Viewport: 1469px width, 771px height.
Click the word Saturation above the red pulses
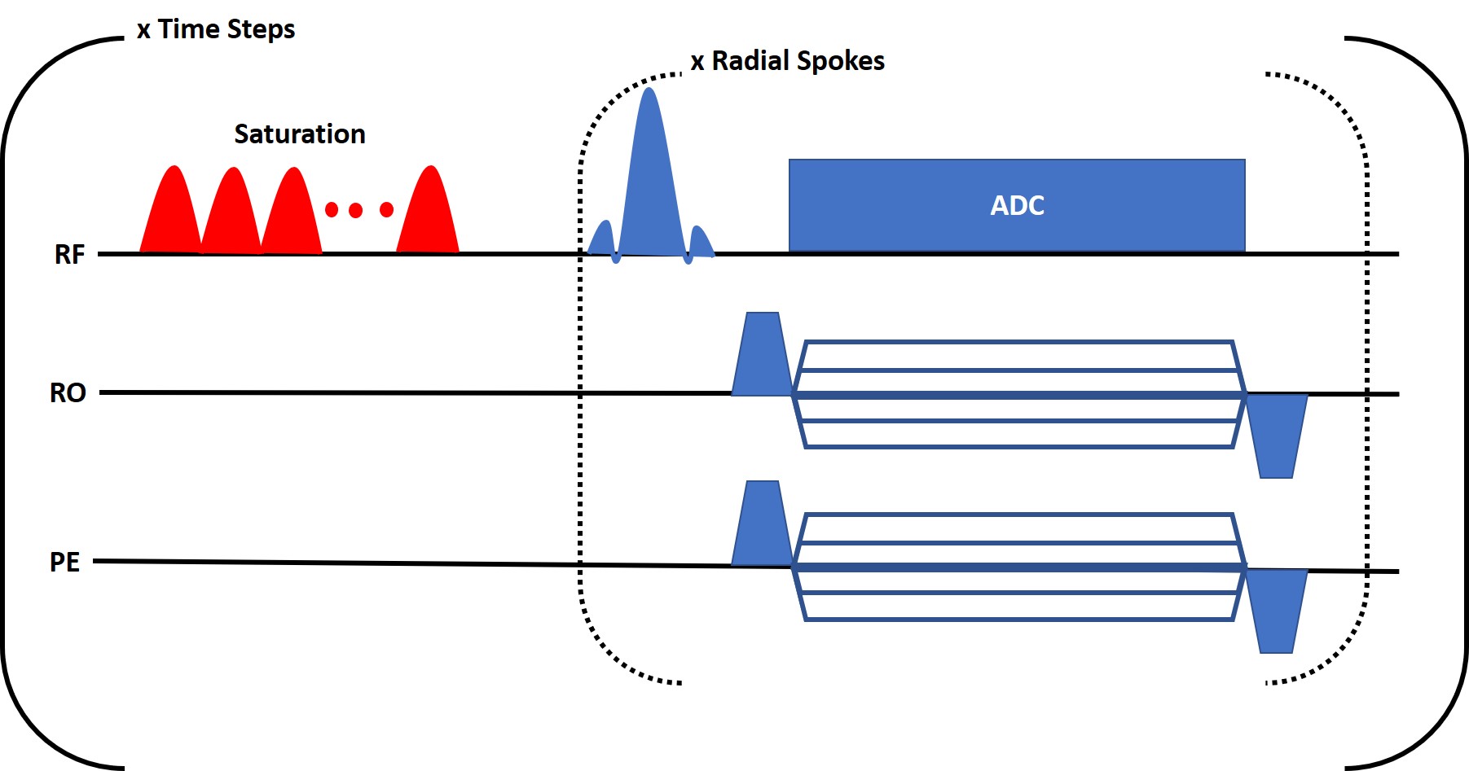click(299, 134)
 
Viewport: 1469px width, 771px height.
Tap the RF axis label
click(69, 255)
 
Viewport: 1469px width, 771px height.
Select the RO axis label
click(68, 393)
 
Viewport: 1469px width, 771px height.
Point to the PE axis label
click(65, 563)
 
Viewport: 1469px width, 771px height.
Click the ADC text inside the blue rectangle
click(1017, 205)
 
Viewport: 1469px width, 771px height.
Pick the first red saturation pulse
click(171, 216)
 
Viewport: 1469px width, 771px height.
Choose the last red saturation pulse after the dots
click(429, 216)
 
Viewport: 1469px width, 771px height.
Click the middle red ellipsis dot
click(355, 210)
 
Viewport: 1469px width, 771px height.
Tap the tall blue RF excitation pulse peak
click(649, 122)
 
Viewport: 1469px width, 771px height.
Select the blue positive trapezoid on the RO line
click(761, 358)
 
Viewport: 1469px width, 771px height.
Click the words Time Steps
click(227, 29)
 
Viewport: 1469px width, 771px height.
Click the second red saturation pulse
click(232, 216)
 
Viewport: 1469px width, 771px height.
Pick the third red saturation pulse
click(292, 216)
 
